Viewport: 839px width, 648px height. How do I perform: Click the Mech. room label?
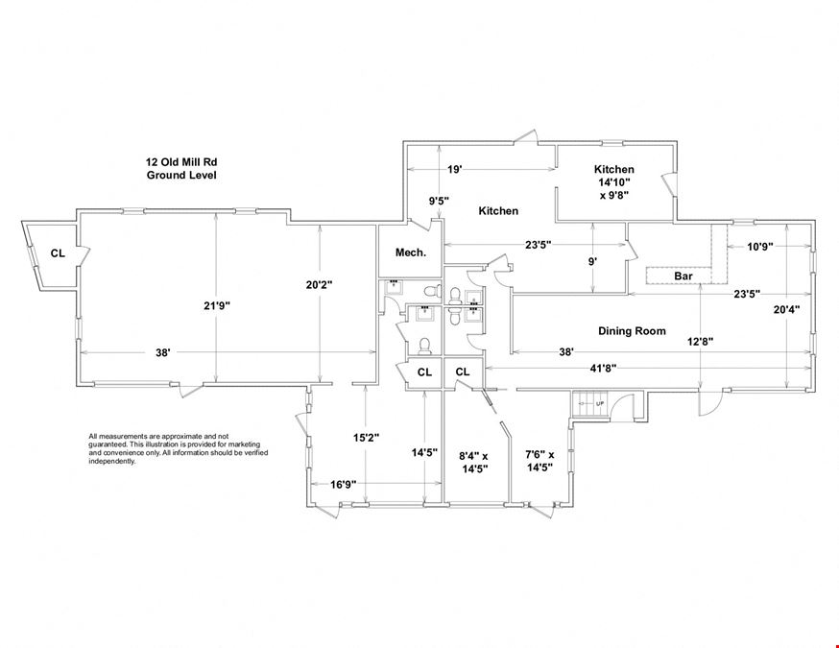[x=411, y=252]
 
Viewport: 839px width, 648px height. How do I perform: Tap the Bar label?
[x=683, y=276]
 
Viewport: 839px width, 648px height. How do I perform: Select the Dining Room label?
[x=632, y=331]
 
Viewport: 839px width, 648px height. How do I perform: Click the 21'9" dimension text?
[x=216, y=306]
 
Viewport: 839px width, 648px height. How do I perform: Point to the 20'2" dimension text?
[x=319, y=285]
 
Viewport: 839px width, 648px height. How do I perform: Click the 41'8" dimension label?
[x=603, y=368]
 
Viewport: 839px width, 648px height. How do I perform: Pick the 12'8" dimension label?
[x=700, y=342]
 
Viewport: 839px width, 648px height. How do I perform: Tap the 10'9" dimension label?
[x=760, y=247]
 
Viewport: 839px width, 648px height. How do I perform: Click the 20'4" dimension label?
[x=786, y=309]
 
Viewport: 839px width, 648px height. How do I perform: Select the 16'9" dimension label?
[x=343, y=485]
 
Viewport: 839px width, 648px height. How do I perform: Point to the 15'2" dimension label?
[x=366, y=438]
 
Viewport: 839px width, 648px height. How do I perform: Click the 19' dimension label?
[x=454, y=170]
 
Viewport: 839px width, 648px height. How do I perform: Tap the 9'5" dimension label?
[x=439, y=202]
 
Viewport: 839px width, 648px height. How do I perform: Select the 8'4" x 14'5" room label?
[x=473, y=463]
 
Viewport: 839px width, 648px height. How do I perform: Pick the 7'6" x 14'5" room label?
[x=539, y=461]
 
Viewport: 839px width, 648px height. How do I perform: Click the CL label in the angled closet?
[x=58, y=253]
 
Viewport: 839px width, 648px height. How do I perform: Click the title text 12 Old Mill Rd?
[x=181, y=162]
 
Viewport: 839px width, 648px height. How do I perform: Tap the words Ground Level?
[x=181, y=175]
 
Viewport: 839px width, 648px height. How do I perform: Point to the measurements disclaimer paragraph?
[x=179, y=449]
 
